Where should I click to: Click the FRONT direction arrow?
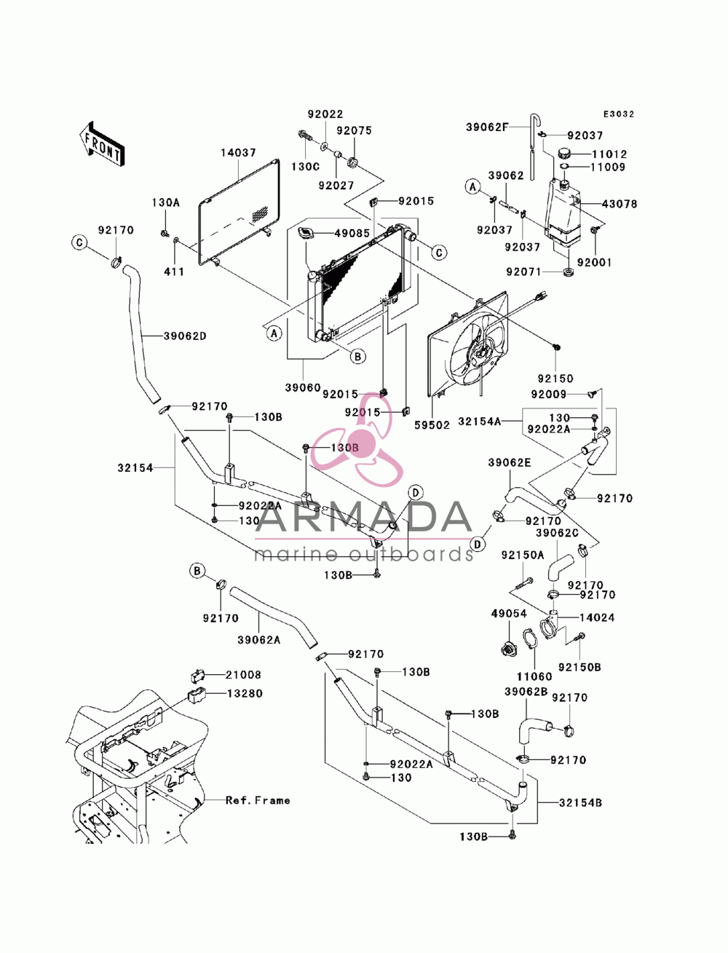[x=102, y=143]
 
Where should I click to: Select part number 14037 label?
[x=238, y=153]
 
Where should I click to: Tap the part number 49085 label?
[x=352, y=234]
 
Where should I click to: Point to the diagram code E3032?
[x=618, y=114]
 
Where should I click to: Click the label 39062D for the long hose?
[x=185, y=336]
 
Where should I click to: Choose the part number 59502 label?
[x=432, y=425]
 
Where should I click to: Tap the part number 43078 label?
[x=619, y=204]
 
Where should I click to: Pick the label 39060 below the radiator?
[x=303, y=388]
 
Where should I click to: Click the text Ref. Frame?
[x=258, y=800]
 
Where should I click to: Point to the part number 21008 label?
[x=243, y=675]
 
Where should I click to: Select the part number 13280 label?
[x=245, y=693]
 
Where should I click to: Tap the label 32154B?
[x=580, y=803]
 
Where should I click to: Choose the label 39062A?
[x=258, y=640]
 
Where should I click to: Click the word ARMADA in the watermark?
[x=364, y=518]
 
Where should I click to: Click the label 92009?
[x=549, y=394]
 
